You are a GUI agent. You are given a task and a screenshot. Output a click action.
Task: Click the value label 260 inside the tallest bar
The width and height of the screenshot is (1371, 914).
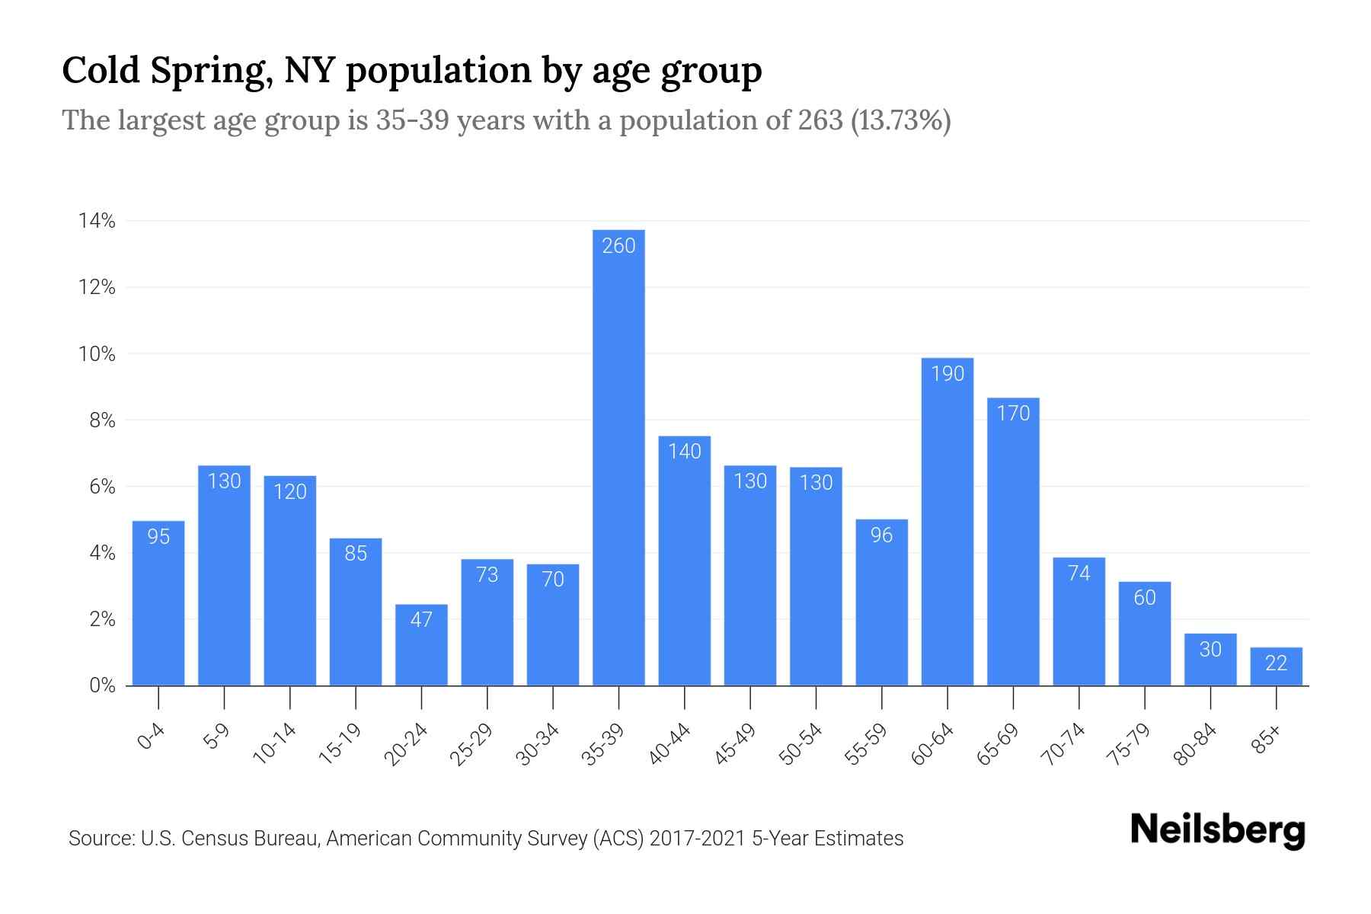(x=618, y=246)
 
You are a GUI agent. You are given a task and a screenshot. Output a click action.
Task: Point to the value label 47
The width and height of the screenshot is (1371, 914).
(x=421, y=620)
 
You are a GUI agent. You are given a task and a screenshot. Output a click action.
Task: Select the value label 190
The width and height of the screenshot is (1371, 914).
(x=948, y=374)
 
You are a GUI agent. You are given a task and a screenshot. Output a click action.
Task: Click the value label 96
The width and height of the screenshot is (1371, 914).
(x=881, y=535)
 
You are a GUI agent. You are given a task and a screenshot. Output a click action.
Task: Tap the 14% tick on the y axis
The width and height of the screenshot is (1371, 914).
(x=97, y=222)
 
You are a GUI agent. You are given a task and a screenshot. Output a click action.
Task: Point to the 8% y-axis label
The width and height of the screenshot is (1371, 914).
(x=102, y=420)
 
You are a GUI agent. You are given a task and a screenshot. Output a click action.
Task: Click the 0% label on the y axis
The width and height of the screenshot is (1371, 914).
(x=102, y=685)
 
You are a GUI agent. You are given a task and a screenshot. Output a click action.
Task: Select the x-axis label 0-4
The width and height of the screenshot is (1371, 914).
(x=152, y=737)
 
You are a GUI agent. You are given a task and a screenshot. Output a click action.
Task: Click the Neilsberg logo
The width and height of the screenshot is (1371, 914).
(x=1217, y=830)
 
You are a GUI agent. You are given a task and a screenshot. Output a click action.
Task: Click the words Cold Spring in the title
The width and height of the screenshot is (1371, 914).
(x=165, y=70)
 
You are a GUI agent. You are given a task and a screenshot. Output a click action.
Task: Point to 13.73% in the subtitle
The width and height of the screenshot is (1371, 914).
(x=900, y=120)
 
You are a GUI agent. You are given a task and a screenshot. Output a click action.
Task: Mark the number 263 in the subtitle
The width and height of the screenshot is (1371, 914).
(x=820, y=120)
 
